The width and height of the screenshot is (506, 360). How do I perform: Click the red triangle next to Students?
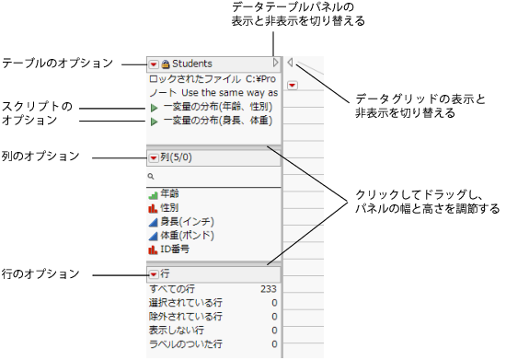(x=153, y=64)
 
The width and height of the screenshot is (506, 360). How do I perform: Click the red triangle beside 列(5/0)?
(x=153, y=157)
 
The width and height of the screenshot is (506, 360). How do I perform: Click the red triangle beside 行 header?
(x=153, y=274)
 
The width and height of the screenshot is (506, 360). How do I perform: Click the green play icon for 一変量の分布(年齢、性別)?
(x=154, y=108)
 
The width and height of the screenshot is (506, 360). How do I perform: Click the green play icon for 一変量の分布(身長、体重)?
(x=154, y=121)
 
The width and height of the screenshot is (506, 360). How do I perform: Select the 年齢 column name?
(x=169, y=194)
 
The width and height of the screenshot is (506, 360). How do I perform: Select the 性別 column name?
(x=169, y=208)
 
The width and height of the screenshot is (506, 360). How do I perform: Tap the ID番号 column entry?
(x=176, y=250)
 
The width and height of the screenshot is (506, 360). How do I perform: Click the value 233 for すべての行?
(x=269, y=289)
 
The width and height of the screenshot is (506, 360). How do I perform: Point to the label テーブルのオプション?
(x=56, y=64)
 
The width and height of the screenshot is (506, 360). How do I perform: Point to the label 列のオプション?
(x=40, y=157)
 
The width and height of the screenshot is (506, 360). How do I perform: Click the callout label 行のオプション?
(x=40, y=273)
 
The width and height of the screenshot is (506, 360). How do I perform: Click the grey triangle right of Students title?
(x=275, y=64)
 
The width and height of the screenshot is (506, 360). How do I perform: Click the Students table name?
(x=192, y=64)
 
